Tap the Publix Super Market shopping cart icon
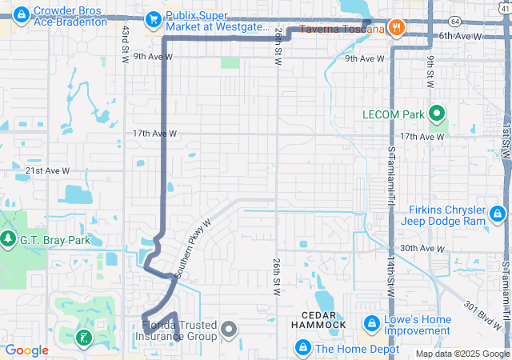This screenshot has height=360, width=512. tap(152, 18)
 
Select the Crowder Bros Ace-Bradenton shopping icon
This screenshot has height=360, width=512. tap(22, 14)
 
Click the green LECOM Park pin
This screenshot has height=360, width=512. tap(437, 114)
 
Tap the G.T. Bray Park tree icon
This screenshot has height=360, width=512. tap(9, 239)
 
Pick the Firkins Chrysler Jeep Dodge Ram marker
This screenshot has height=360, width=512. tap(497, 213)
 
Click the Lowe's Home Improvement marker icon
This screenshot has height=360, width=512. tap(371, 323)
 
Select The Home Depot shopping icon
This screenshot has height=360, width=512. tap(303, 348)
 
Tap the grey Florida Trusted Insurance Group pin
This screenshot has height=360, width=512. tap(229, 329)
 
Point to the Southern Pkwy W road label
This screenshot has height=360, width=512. tap(192, 249)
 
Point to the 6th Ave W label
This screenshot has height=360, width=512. tap(461, 36)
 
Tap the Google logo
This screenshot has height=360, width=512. tap(27, 350)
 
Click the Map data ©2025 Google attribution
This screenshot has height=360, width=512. tap(462, 354)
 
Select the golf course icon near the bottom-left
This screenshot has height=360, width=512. tap(82, 338)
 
